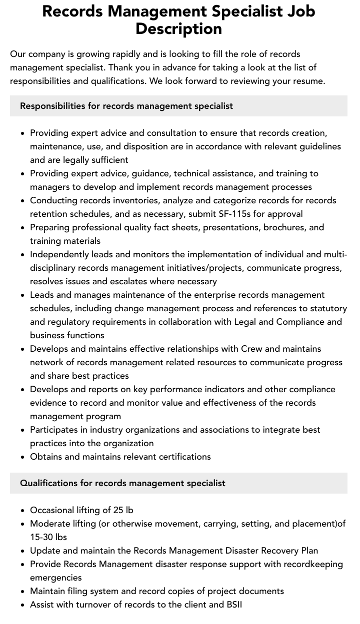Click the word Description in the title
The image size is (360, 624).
tap(178, 29)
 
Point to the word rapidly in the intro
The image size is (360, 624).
tap(125, 54)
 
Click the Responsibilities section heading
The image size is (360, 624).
tap(126, 106)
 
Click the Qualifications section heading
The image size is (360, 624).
tap(122, 483)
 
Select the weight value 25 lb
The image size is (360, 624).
tap(123, 510)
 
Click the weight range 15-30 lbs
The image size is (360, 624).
tap(48, 537)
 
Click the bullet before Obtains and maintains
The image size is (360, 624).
tap(22, 457)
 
